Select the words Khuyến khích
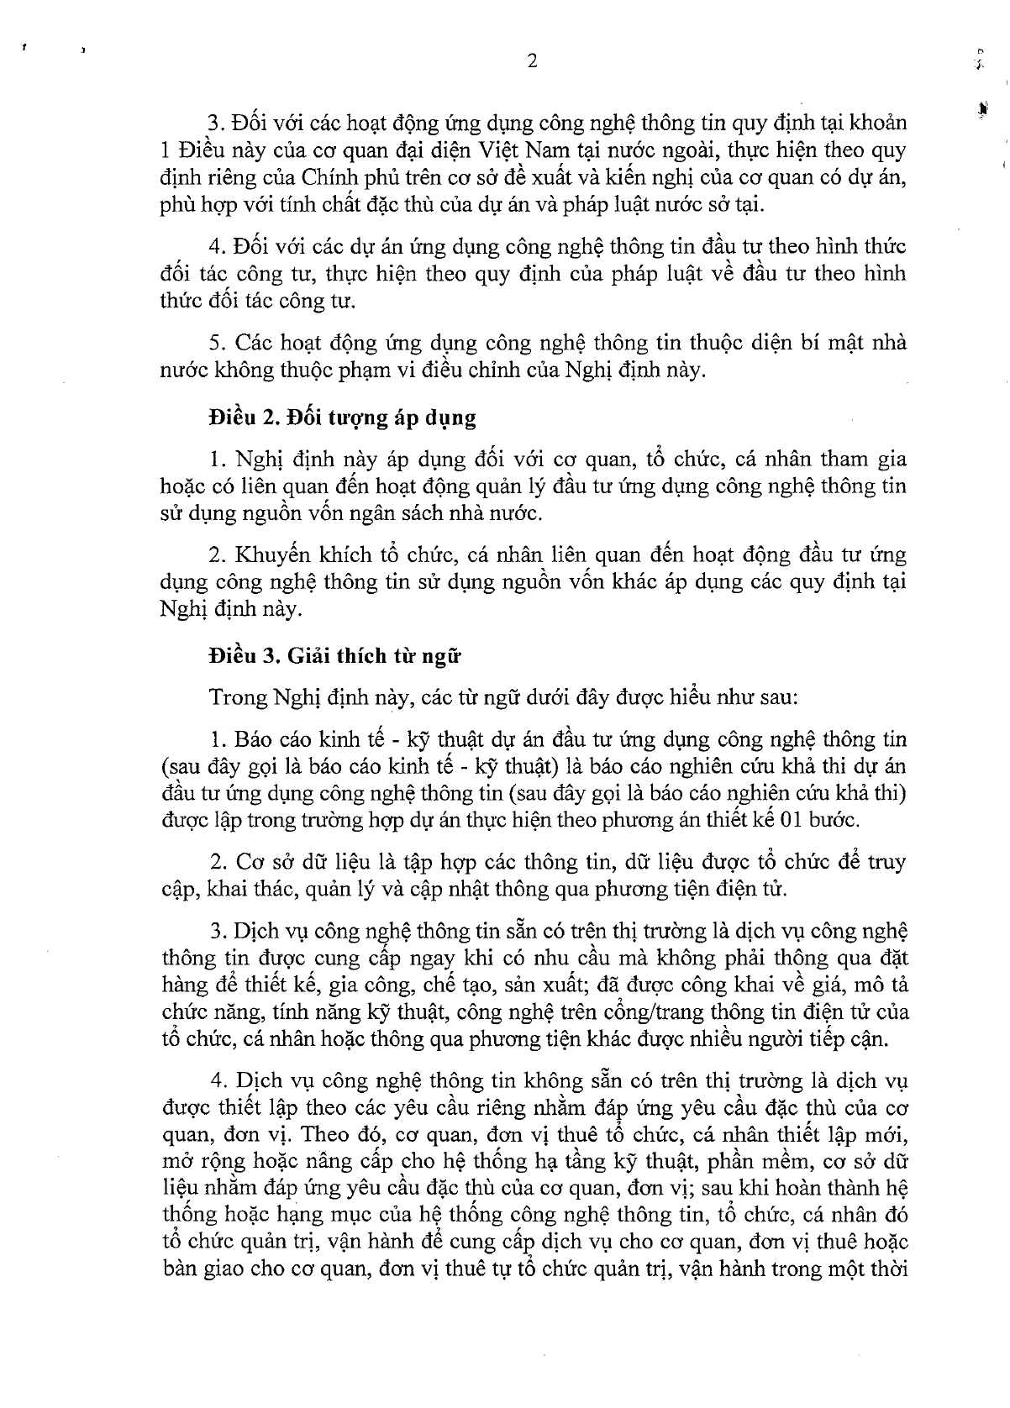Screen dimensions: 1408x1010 [284, 556]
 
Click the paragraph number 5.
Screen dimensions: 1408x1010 [214, 344]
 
